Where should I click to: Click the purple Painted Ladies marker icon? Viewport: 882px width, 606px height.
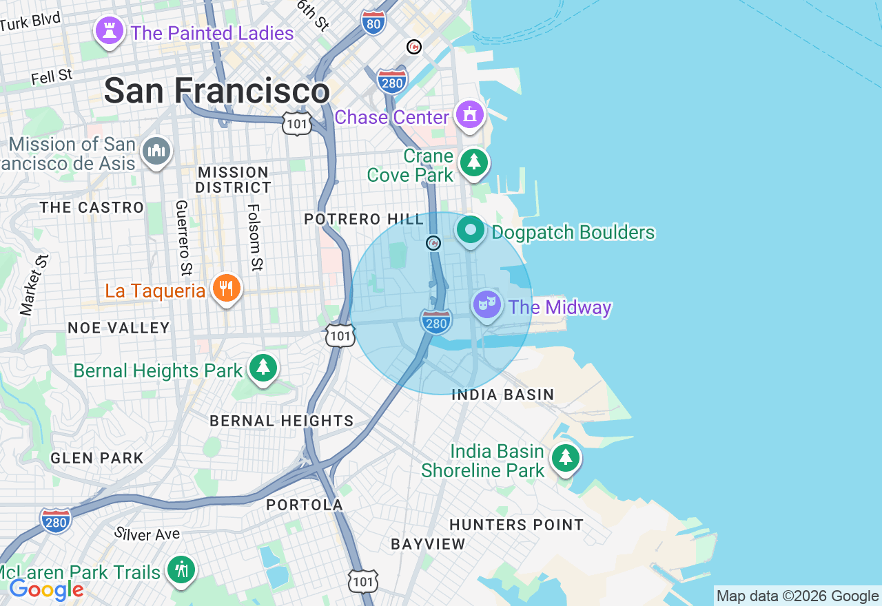click(109, 31)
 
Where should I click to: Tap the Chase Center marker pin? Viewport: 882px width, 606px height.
click(471, 115)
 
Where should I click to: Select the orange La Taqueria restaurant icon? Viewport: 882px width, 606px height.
click(226, 288)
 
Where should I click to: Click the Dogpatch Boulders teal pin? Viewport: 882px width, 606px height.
click(472, 231)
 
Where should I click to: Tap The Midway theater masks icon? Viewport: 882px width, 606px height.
click(487, 304)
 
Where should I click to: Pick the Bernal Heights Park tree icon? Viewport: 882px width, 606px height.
click(263, 368)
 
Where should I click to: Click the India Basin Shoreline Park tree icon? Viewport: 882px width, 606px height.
click(565, 457)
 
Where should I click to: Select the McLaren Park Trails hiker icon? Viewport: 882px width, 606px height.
click(181, 570)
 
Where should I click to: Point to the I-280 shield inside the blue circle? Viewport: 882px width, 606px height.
click(436, 322)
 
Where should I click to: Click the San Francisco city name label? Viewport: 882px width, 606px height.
click(216, 91)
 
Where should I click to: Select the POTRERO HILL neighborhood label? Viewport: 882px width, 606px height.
click(365, 220)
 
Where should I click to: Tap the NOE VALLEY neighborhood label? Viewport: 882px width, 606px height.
click(119, 328)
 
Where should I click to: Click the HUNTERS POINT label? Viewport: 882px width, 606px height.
click(516, 525)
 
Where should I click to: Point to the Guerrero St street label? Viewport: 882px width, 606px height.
click(182, 238)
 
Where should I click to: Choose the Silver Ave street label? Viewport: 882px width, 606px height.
click(147, 534)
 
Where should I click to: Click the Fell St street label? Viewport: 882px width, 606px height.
click(52, 76)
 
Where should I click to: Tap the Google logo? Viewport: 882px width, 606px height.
click(46, 589)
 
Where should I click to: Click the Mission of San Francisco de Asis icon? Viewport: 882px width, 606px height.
click(156, 151)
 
